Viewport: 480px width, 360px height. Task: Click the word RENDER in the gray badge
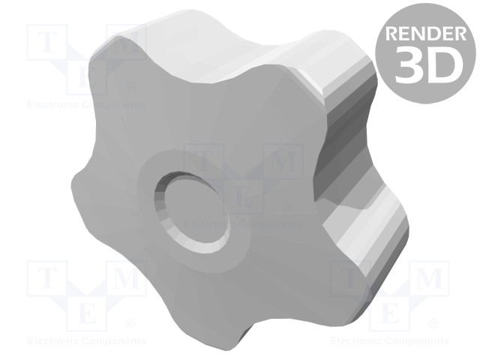[426, 33]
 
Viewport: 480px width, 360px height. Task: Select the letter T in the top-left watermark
[46, 42]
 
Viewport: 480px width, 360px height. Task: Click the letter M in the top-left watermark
[125, 42]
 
